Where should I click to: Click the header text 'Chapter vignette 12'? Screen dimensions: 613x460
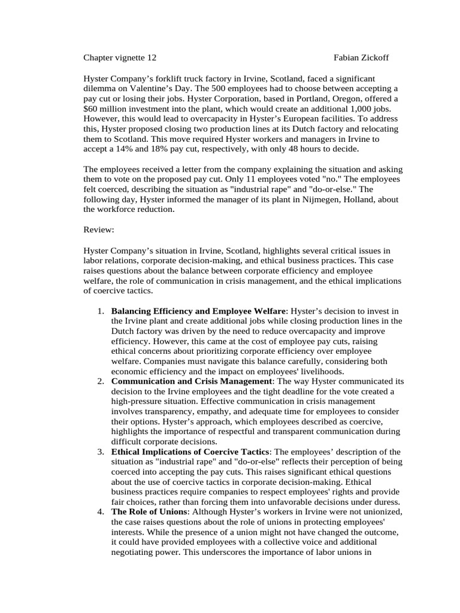120,57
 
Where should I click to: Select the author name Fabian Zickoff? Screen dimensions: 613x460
361,57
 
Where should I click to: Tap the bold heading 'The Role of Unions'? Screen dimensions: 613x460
149,512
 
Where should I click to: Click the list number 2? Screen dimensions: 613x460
101,381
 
